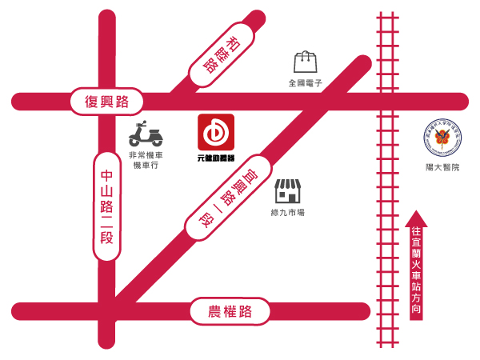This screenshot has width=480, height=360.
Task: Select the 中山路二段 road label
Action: (x=107, y=206)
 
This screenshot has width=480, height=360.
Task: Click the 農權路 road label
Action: (x=230, y=311)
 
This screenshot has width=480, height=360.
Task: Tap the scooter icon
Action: (x=146, y=134)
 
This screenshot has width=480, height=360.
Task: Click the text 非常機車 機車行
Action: (x=146, y=160)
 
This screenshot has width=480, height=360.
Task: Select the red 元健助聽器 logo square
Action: (x=215, y=133)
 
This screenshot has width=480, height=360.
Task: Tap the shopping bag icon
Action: (x=306, y=62)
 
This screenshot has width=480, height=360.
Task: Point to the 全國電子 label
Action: (x=305, y=82)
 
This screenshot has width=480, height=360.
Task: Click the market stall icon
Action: (x=288, y=190)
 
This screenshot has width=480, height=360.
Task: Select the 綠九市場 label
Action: (x=288, y=212)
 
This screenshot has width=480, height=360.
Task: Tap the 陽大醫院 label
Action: (x=442, y=168)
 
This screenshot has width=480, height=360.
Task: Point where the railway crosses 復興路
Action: (x=388, y=102)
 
